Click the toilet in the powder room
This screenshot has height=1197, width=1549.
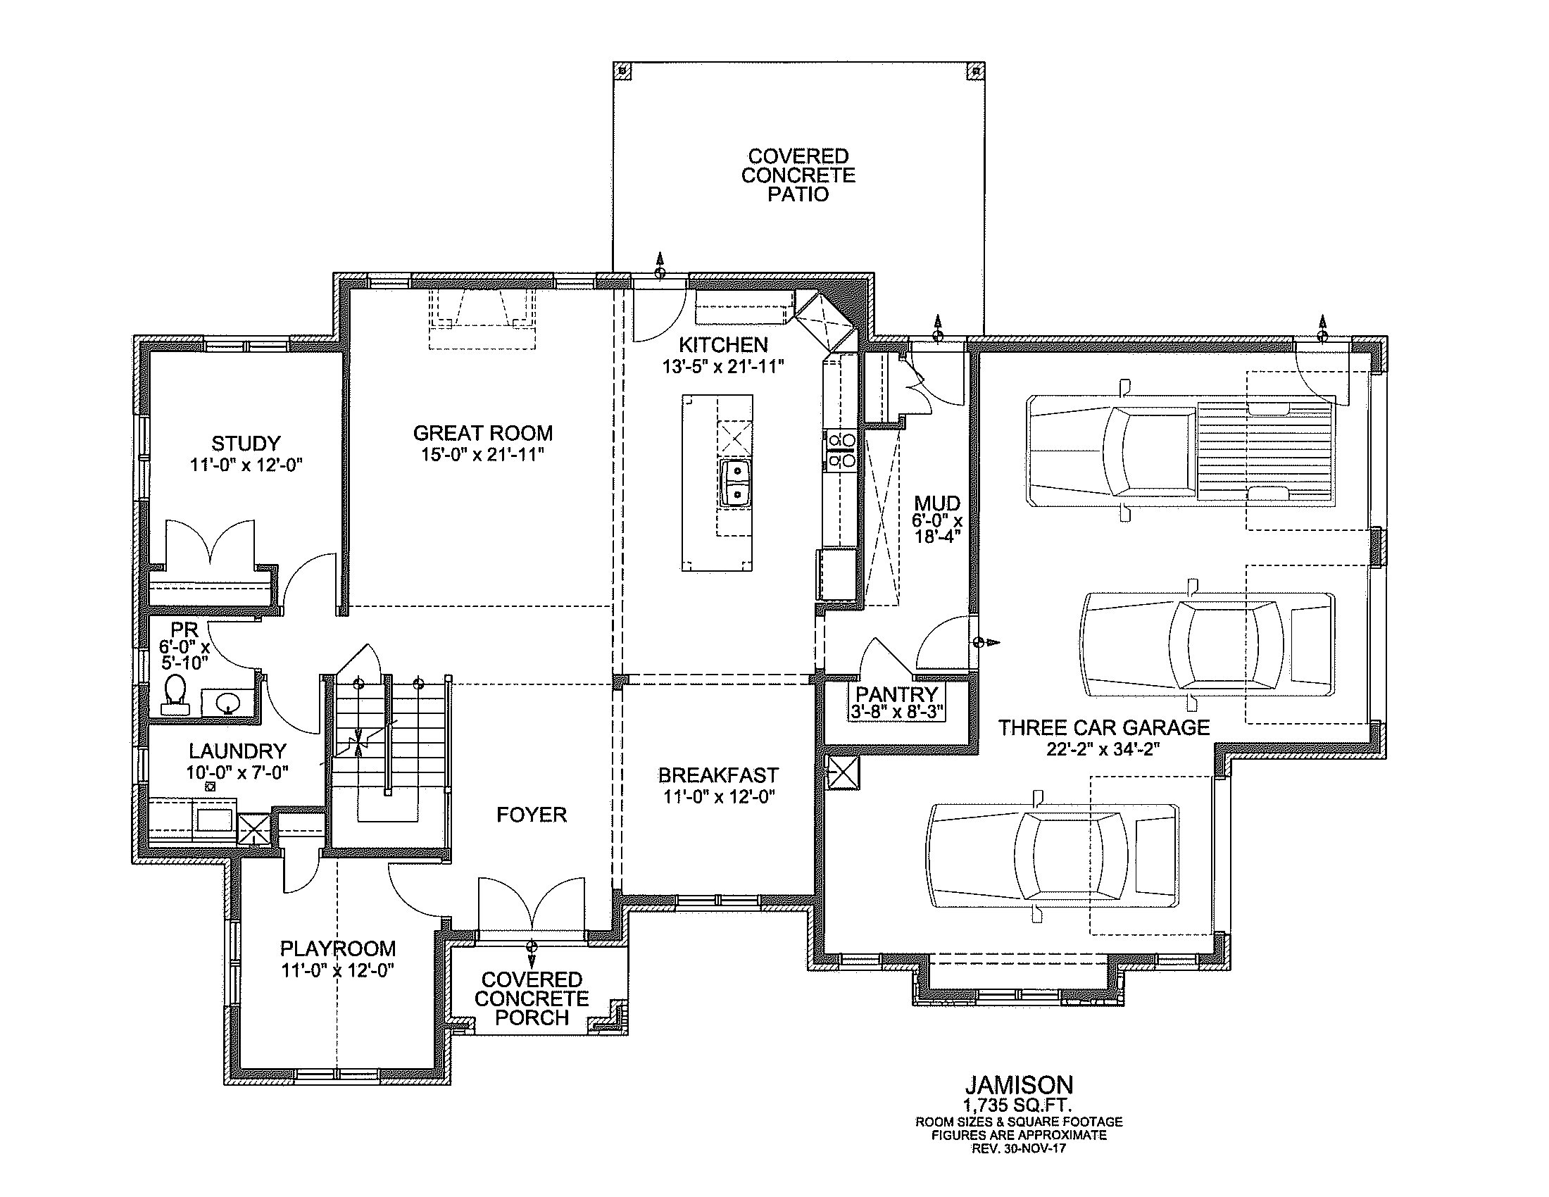[x=175, y=694]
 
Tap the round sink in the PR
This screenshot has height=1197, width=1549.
[x=227, y=703]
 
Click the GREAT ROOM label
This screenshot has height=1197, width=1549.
[x=483, y=432]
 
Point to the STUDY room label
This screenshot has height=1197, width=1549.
[x=246, y=444]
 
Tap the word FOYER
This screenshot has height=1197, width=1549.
[x=531, y=815]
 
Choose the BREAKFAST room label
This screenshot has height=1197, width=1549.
[x=718, y=775]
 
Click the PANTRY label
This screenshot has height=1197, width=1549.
[x=896, y=694]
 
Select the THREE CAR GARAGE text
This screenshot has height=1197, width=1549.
[x=1104, y=727]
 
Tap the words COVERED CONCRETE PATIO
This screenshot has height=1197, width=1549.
[x=798, y=175]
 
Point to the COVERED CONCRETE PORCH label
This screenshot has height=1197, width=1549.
[x=532, y=998]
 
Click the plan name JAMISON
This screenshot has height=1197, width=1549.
[x=1019, y=1084]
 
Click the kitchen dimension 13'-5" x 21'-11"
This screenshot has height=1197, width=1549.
[x=722, y=367]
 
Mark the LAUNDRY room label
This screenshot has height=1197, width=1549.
[x=237, y=751]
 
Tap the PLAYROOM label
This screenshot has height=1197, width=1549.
[x=337, y=949]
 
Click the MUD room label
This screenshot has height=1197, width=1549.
[x=937, y=503]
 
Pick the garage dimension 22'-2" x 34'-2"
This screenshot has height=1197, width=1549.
[x=1103, y=750]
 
